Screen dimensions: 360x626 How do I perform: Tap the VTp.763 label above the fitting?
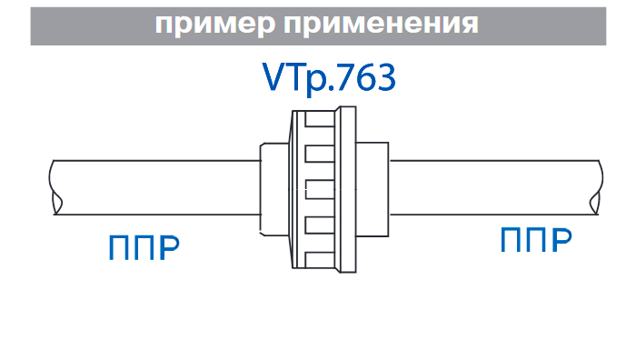coord(328,78)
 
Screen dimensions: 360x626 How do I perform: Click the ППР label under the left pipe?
coord(143,247)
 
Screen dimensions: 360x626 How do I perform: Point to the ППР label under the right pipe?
coord(536,241)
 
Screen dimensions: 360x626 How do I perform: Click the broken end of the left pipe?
coord(55,187)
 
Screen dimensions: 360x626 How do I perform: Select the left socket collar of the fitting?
coord(272,188)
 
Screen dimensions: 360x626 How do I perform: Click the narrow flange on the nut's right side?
coord(347,188)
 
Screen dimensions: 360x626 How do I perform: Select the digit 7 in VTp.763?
coord(340,78)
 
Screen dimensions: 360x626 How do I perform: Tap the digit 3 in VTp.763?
coord(385,78)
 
